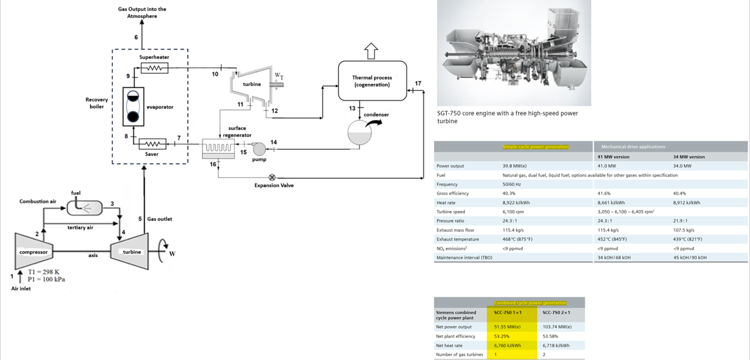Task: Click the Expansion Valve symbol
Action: tap(272, 177)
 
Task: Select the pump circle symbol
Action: tap(259, 149)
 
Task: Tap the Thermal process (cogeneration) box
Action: tap(372, 81)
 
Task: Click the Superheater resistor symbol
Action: tap(154, 68)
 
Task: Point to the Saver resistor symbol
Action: tap(152, 144)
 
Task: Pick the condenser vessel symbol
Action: tap(360, 132)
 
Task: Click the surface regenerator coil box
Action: tap(218, 148)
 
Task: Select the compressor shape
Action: tap(33, 251)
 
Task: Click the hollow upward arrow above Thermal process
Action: tap(371, 51)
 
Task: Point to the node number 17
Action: tap(417, 83)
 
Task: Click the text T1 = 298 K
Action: tap(43, 272)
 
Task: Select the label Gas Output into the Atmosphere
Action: tap(142, 12)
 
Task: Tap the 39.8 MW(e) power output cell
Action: tap(514, 166)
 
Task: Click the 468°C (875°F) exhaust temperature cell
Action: tap(517, 239)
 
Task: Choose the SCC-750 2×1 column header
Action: tap(556, 312)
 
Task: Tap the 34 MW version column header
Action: tap(689, 157)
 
